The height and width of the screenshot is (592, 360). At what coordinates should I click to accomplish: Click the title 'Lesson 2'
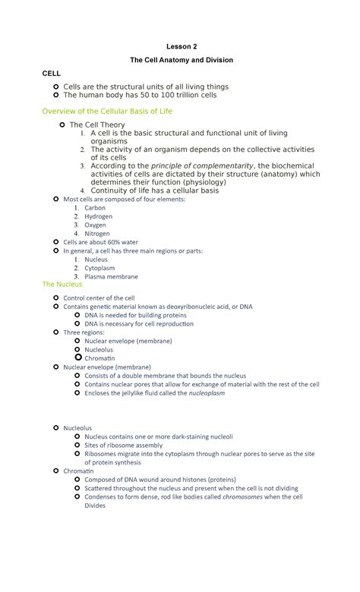[x=180, y=46]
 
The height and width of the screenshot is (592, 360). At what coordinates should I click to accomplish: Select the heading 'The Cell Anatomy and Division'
[x=180, y=60]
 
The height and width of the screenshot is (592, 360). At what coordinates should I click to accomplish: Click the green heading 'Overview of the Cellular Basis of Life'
[x=107, y=112]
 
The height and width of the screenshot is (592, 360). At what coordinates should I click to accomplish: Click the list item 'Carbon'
[x=95, y=207]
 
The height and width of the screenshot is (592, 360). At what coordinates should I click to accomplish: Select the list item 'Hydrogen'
[x=98, y=216]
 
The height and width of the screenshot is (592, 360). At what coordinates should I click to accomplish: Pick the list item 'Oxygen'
[x=96, y=225]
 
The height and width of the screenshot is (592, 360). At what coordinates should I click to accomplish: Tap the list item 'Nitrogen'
[x=97, y=234]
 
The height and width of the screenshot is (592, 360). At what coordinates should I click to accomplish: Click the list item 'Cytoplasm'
[x=99, y=268]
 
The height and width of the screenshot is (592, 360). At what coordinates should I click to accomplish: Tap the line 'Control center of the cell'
[x=99, y=298]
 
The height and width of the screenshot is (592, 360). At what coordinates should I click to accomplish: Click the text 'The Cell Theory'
[x=97, y=124]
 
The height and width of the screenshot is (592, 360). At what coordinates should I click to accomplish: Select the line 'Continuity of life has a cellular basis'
[x=154, y=191]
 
